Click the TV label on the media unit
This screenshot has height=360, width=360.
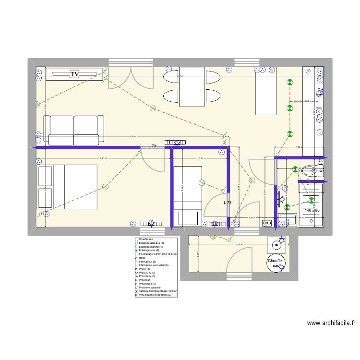pyautogui.click(x=74, y=73)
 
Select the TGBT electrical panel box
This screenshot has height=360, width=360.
pyautogui.click(x=267, y=223)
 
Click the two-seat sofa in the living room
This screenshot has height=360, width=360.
pyautogui.click(x=74, y=130)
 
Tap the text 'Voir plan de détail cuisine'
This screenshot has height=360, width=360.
pyautogui.click(x=303, y=101)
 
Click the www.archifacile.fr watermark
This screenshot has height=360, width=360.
pyautogui.click(x=331, y=323)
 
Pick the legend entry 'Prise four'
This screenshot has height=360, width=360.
pyautogui.click(x=145, y=280)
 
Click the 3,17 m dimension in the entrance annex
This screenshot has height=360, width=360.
pyautogui.click(x=239, y=245)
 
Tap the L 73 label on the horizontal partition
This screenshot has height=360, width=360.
pyautogui.click(x=153, y=145)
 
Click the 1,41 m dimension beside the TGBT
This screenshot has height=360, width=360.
pyautogui.click(x=252, y=217)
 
